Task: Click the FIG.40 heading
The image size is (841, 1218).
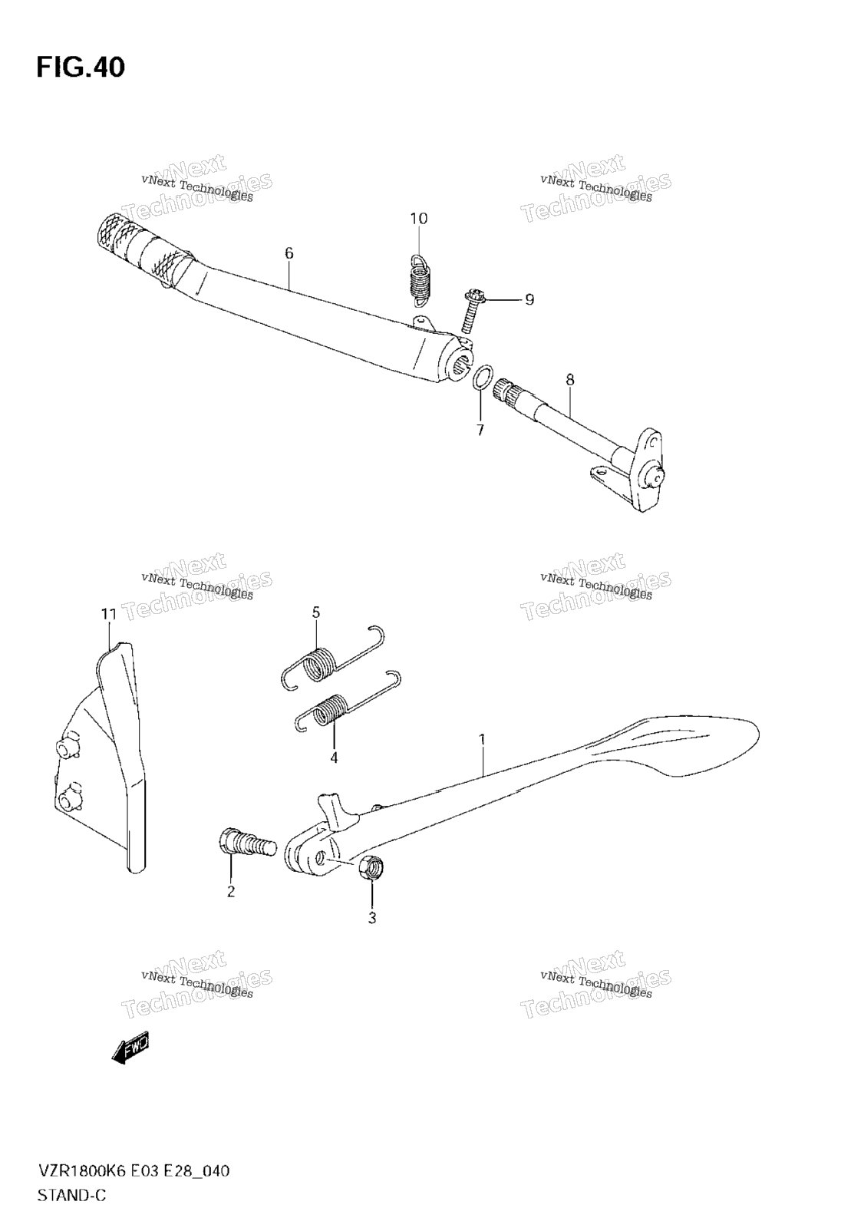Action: tap(81, 68)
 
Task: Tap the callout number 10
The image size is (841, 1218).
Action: tap(419, 219)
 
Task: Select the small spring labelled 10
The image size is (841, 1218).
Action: tap(420, 279)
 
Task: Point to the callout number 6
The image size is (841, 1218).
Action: tap(289, 253)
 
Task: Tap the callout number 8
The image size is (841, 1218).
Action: tap(569, 380)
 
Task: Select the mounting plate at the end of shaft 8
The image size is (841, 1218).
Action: tap(641, 470)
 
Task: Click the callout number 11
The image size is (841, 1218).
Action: tap(109, 615)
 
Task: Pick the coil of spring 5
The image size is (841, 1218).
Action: tap(319, 663)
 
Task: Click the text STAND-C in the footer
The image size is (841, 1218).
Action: tap(71, 1195)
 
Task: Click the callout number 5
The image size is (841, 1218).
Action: tap(316, 612)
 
